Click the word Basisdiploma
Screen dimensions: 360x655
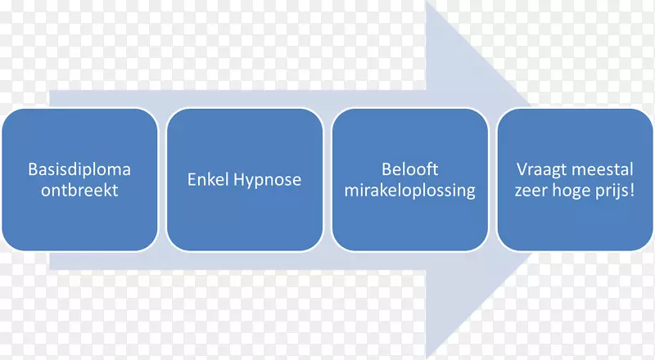coord(79,170)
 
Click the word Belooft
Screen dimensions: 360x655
coord(409,170)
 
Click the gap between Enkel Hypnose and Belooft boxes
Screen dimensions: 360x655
coord(327,179)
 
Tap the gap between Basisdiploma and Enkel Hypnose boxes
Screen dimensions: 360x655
coord(162,179)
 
